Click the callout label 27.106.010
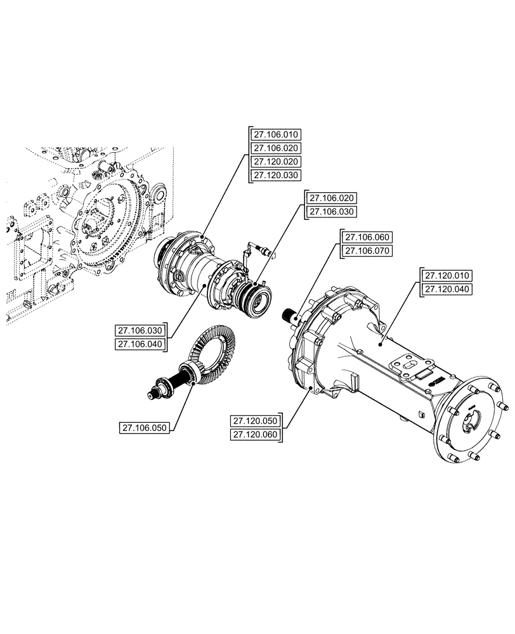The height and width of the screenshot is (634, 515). click(x=277, y=134)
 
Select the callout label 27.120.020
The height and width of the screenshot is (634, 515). click(x=277, y=162)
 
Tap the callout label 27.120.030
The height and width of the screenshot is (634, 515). click(x=277, y=175)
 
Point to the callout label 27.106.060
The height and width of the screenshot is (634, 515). click(x=368, y=237)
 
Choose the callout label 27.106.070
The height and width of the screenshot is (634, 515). click(x=368, y=251)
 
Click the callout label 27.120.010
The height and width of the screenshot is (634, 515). click(x=448, y=275)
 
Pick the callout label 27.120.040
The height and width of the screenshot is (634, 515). click(x=448, y=289)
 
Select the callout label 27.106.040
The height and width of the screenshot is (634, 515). click(x=140, y=344)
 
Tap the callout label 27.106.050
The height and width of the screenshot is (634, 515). click(x=145, y=428)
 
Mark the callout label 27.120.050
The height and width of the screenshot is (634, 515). click(x=256, y=421)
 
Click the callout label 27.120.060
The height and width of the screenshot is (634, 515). click(x=256, y=435)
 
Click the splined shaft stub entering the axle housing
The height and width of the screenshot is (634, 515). click(x=292, y=314)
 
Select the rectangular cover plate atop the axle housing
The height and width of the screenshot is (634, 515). click(x=413, y=374)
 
